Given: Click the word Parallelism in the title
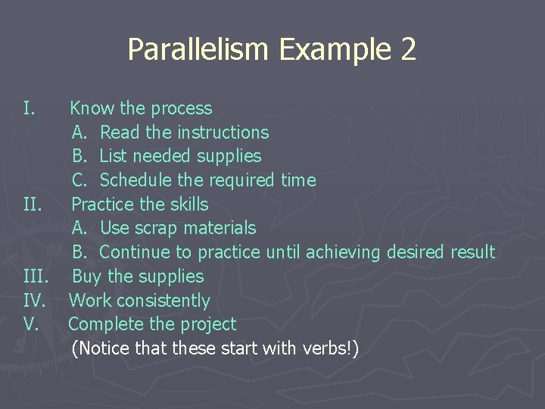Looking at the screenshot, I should point(199,50).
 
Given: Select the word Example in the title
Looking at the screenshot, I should point(336,50).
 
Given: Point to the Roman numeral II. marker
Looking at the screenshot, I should point(33,204).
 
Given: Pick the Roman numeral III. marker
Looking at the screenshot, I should point(36,276).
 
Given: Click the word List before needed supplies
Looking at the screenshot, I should point(113,157).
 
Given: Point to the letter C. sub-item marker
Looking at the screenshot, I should point(80,180).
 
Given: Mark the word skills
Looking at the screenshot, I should point(185,204).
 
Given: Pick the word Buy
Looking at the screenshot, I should point(87,276).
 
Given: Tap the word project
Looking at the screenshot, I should point(207,324).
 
